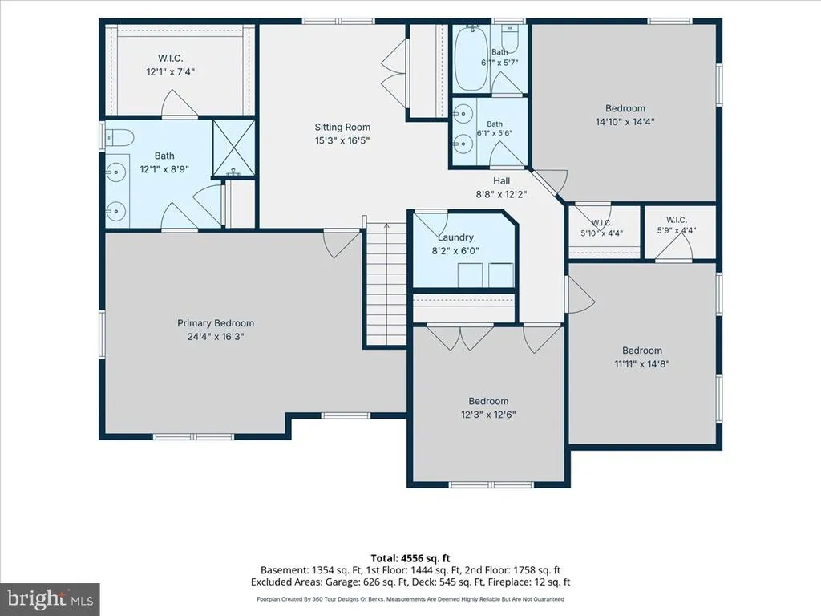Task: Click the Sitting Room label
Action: (342, 128)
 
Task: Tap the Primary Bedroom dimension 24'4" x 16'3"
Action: (216, 337)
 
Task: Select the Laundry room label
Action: (455, 237)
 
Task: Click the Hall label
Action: (501, 180)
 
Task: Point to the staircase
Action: (386, 285)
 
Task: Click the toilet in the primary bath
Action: (119, 138)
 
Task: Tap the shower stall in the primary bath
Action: (233, 148)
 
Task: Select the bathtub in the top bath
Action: (471, 58)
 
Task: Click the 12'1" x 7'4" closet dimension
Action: (171, 71)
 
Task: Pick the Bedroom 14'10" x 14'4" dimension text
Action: (625, 122)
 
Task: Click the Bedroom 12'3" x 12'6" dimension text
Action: (488, 415)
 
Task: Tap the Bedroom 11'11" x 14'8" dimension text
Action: (642, 364)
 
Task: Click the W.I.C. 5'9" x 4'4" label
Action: (677, 225)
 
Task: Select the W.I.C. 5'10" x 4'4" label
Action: (602, 229)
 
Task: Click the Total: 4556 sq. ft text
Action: (410, 558)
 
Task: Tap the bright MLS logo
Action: (51, 598)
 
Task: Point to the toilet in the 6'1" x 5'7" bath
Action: (510, 38)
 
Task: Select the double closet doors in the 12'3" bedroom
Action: (460, 338)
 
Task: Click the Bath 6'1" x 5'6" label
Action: (495, 129)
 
